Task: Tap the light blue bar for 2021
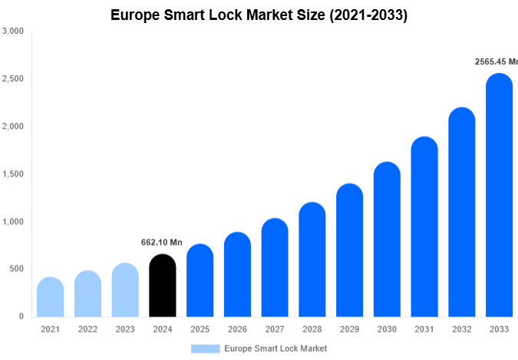[x=50, y=297]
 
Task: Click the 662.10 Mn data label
[x=162, y=243]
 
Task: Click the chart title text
[x=259, y=15]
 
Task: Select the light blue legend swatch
[x=205, y=348]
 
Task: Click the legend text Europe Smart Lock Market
[x=275, y=348]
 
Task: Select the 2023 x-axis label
[x=124, y=329]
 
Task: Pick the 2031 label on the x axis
[x=424, y=329]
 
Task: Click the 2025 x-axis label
[x=200, y=329]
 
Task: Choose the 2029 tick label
[x=349, y=329]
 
